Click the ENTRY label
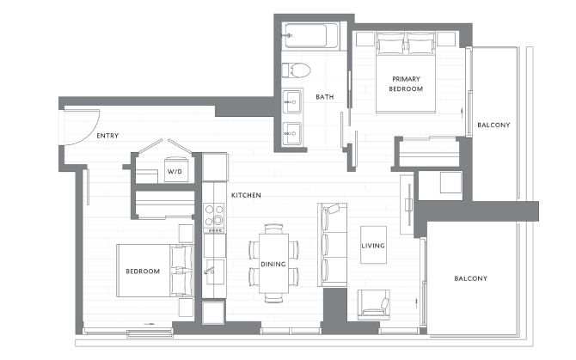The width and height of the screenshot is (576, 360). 107,136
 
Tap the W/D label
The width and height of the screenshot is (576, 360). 175,172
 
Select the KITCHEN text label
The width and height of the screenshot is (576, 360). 246,196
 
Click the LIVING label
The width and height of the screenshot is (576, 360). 373,247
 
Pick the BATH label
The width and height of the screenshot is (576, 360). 324,97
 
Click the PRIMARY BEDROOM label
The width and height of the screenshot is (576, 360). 407,82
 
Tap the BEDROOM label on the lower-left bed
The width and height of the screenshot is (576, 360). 143,272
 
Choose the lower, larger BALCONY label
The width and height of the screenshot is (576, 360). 470,278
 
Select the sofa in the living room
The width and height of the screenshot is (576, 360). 331,244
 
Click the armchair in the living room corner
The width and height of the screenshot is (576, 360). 371,302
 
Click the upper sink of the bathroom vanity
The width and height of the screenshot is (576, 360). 293,101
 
